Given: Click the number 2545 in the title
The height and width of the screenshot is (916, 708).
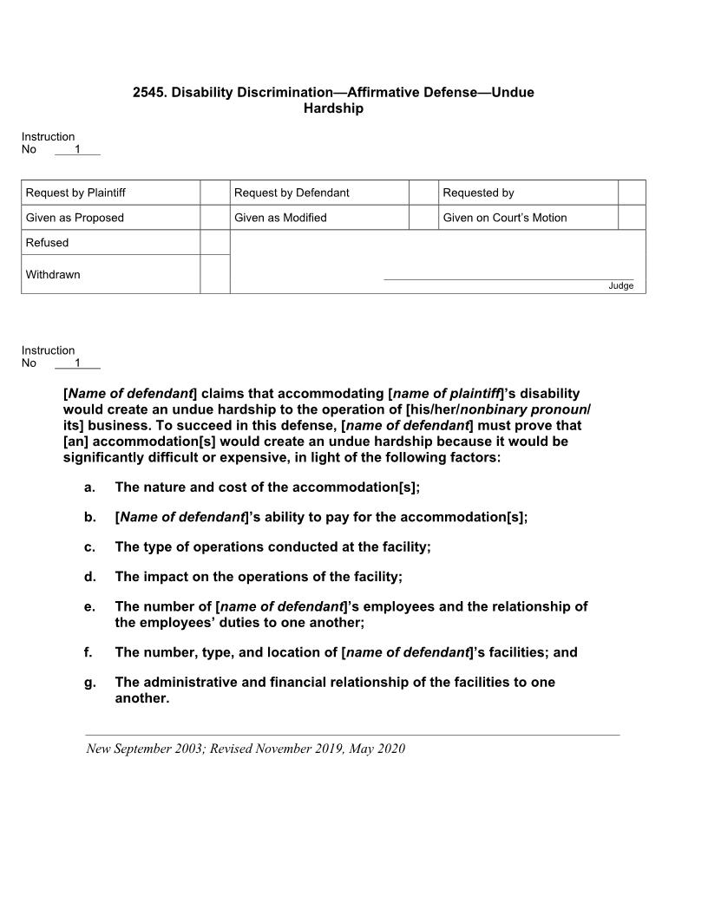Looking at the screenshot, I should (148, 92).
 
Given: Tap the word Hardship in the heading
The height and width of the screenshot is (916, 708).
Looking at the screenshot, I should (333, 108).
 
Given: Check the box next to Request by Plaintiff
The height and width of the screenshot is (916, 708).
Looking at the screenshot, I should (214, 193).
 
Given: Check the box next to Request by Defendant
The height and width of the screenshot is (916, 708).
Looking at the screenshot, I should (423, 193).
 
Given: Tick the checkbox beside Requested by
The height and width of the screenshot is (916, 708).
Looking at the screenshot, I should (632, 193).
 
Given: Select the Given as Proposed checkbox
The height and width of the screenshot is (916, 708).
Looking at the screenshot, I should (214, 218).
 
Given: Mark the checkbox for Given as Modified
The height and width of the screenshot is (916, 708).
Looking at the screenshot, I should (423, 218).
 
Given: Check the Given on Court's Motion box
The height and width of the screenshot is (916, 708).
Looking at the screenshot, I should (632, 218).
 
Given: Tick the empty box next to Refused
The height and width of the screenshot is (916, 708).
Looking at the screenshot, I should (214, 243).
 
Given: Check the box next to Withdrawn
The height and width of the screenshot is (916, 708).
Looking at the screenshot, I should (214, 274).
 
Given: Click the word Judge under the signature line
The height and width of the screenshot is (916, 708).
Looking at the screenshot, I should (620, 286).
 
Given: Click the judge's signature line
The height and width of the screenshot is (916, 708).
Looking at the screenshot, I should (508, 278).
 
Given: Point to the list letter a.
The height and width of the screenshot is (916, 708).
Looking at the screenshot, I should (89, 487).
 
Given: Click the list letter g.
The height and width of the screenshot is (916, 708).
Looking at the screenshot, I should (89, 683).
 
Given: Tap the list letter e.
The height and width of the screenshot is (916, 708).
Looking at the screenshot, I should (89, 606).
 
